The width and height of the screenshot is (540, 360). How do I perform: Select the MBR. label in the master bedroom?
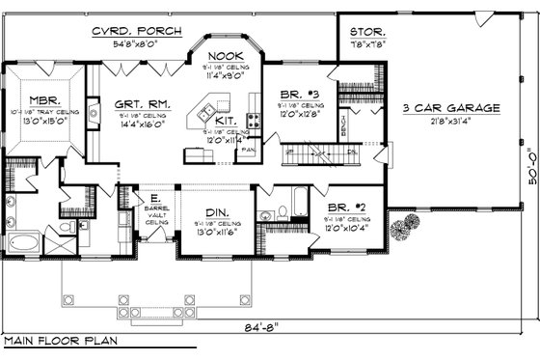coord(44,99)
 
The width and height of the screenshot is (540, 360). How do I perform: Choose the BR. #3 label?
coord(297,95)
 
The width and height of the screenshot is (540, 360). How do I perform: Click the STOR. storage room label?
coord(368,31)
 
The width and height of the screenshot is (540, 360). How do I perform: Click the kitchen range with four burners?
coord(254,121)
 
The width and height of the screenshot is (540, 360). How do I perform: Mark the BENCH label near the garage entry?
coord(344,125)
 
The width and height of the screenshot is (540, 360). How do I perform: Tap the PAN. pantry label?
coord(248,150)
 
